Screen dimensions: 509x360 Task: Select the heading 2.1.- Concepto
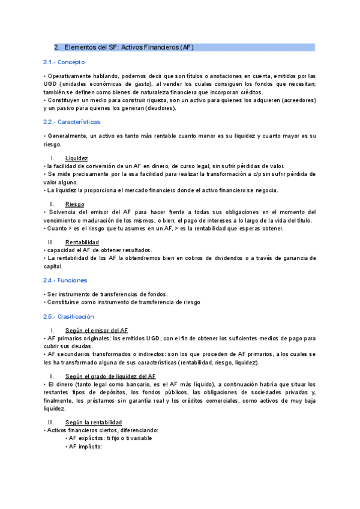[64, 62]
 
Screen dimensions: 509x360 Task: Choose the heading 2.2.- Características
[71, 122]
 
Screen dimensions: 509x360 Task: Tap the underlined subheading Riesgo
[74, 204]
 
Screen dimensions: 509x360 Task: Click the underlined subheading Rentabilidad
[82, 242]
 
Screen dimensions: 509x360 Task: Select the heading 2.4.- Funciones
[65, 280]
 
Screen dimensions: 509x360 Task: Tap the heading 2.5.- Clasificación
[68, 316]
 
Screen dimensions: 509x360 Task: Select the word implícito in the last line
[89, 446]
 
